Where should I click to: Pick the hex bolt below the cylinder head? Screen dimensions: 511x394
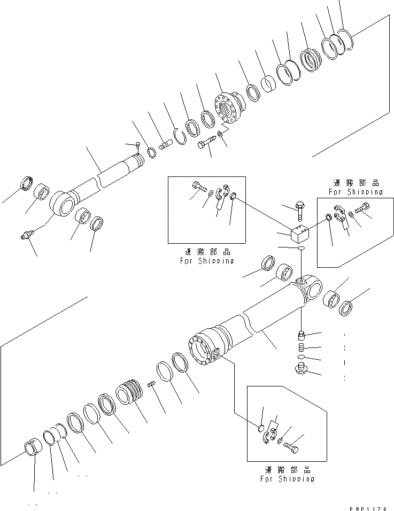point(205,143)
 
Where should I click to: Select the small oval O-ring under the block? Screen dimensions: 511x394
point(300,249)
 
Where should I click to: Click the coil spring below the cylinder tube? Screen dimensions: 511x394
point(302,348)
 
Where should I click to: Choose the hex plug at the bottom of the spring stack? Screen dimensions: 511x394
point(302,368)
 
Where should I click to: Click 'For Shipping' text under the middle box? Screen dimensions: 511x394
point(207,261)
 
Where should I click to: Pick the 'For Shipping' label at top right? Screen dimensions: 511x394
point(356,192)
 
